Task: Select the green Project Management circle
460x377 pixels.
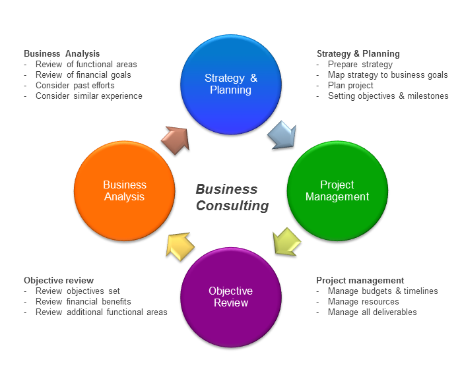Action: click(x=337, y=190)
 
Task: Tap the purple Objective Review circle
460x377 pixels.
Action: click(x=230, y=297)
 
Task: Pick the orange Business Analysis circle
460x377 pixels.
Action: click(x=124, y=190)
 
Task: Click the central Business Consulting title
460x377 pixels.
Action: click(x=232, y=197)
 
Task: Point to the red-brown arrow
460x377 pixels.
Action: click(x=175, y=140)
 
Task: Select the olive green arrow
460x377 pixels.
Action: click(x=286, y=242)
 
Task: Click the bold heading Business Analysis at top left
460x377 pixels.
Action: click(x=61, y=53)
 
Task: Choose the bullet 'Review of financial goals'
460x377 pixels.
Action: click(x=83, y=74)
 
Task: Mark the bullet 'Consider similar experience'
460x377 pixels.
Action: click(x=88, y=96)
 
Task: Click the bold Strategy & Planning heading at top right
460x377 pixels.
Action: click(x=358, y=53)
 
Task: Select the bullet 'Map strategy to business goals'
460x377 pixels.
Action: click(x=387, y=74)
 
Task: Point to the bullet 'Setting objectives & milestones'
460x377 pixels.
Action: click(x=387, y=96)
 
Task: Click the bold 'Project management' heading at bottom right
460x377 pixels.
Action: click(x=360, y=280)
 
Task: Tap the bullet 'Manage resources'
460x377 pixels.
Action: click(x=363, y=301)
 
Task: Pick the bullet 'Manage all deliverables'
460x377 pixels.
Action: click(x=372, y=312)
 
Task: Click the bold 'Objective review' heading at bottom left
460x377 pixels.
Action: click(x=59, y=280)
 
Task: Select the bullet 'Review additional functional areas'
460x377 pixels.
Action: click(x=101, y=312)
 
